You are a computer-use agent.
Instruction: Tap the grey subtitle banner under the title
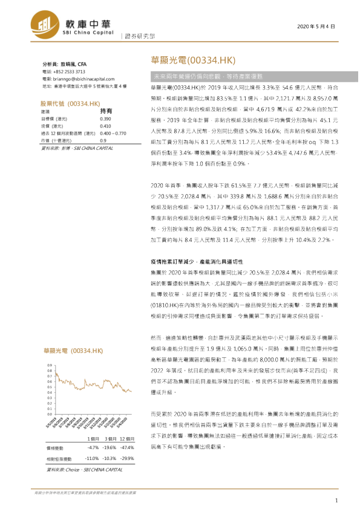242,77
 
